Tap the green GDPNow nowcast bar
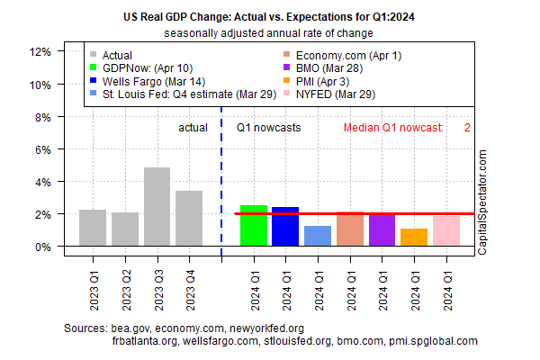pos(254,226)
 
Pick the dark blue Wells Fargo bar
pos(285,227)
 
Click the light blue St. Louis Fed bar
pos(318,236)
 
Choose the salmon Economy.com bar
pos(350,229)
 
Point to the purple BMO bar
pos(382,229)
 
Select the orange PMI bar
pos(414,238)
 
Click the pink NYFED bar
pos(446,229)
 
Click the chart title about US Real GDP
pos(269,16)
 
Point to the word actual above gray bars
pos(192,128)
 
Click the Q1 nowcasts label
pos(269,128)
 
